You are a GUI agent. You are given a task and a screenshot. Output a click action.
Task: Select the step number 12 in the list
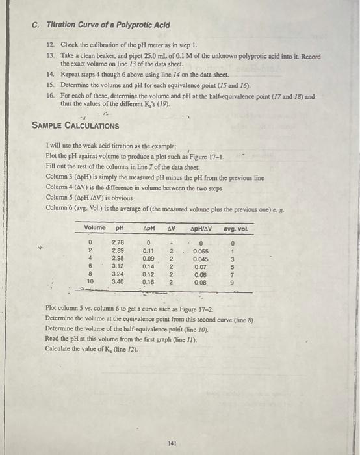51,44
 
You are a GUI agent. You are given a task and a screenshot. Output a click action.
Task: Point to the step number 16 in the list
51,96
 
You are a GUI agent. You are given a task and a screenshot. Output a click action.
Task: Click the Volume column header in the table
95,229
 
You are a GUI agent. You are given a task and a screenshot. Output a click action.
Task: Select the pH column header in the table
119,229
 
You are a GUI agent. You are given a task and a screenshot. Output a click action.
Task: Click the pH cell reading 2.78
118,242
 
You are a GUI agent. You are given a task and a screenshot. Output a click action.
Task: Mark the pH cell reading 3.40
118,283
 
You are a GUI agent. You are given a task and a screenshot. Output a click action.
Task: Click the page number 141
172,443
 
